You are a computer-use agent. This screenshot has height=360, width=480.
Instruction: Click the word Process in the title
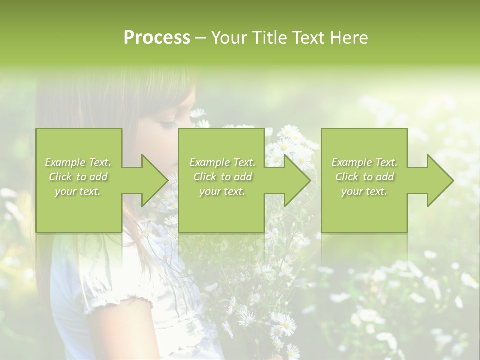tap(157, 38)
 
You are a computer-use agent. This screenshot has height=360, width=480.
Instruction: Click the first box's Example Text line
tap(78, 162)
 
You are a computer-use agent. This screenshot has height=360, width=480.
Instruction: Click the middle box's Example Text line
tap(222, 162)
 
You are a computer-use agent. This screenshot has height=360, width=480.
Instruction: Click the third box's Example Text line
tap(364, 162)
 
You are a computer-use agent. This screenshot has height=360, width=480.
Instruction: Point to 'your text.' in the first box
tap(78, 191)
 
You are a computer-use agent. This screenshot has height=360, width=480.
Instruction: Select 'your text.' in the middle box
tap(222, 191)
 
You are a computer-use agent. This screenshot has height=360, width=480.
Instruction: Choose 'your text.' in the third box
tap(364, 191)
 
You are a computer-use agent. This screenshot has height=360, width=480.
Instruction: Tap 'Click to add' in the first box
tap(78, 177)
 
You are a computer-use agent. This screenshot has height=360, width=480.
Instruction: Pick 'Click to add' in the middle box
tap(222, 177)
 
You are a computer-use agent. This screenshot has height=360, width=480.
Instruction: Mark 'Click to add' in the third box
tap(364, 177)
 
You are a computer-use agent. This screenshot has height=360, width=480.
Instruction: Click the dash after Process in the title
tap(200, 38)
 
